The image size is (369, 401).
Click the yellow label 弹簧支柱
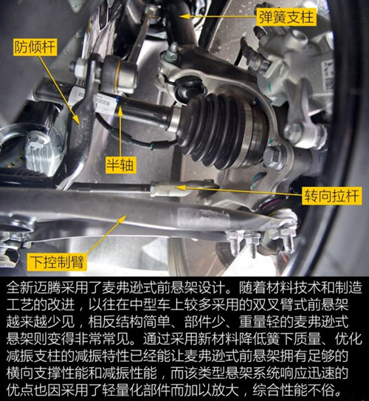pos(286,17)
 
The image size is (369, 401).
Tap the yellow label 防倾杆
pos(35,47)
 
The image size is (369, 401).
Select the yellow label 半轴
pos(120,165)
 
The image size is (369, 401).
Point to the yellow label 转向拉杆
pos(332,196)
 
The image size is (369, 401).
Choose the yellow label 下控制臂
pos(57,262)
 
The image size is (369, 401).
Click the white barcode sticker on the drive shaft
pos(107,103)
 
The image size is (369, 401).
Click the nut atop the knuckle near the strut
pos(171,53)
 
